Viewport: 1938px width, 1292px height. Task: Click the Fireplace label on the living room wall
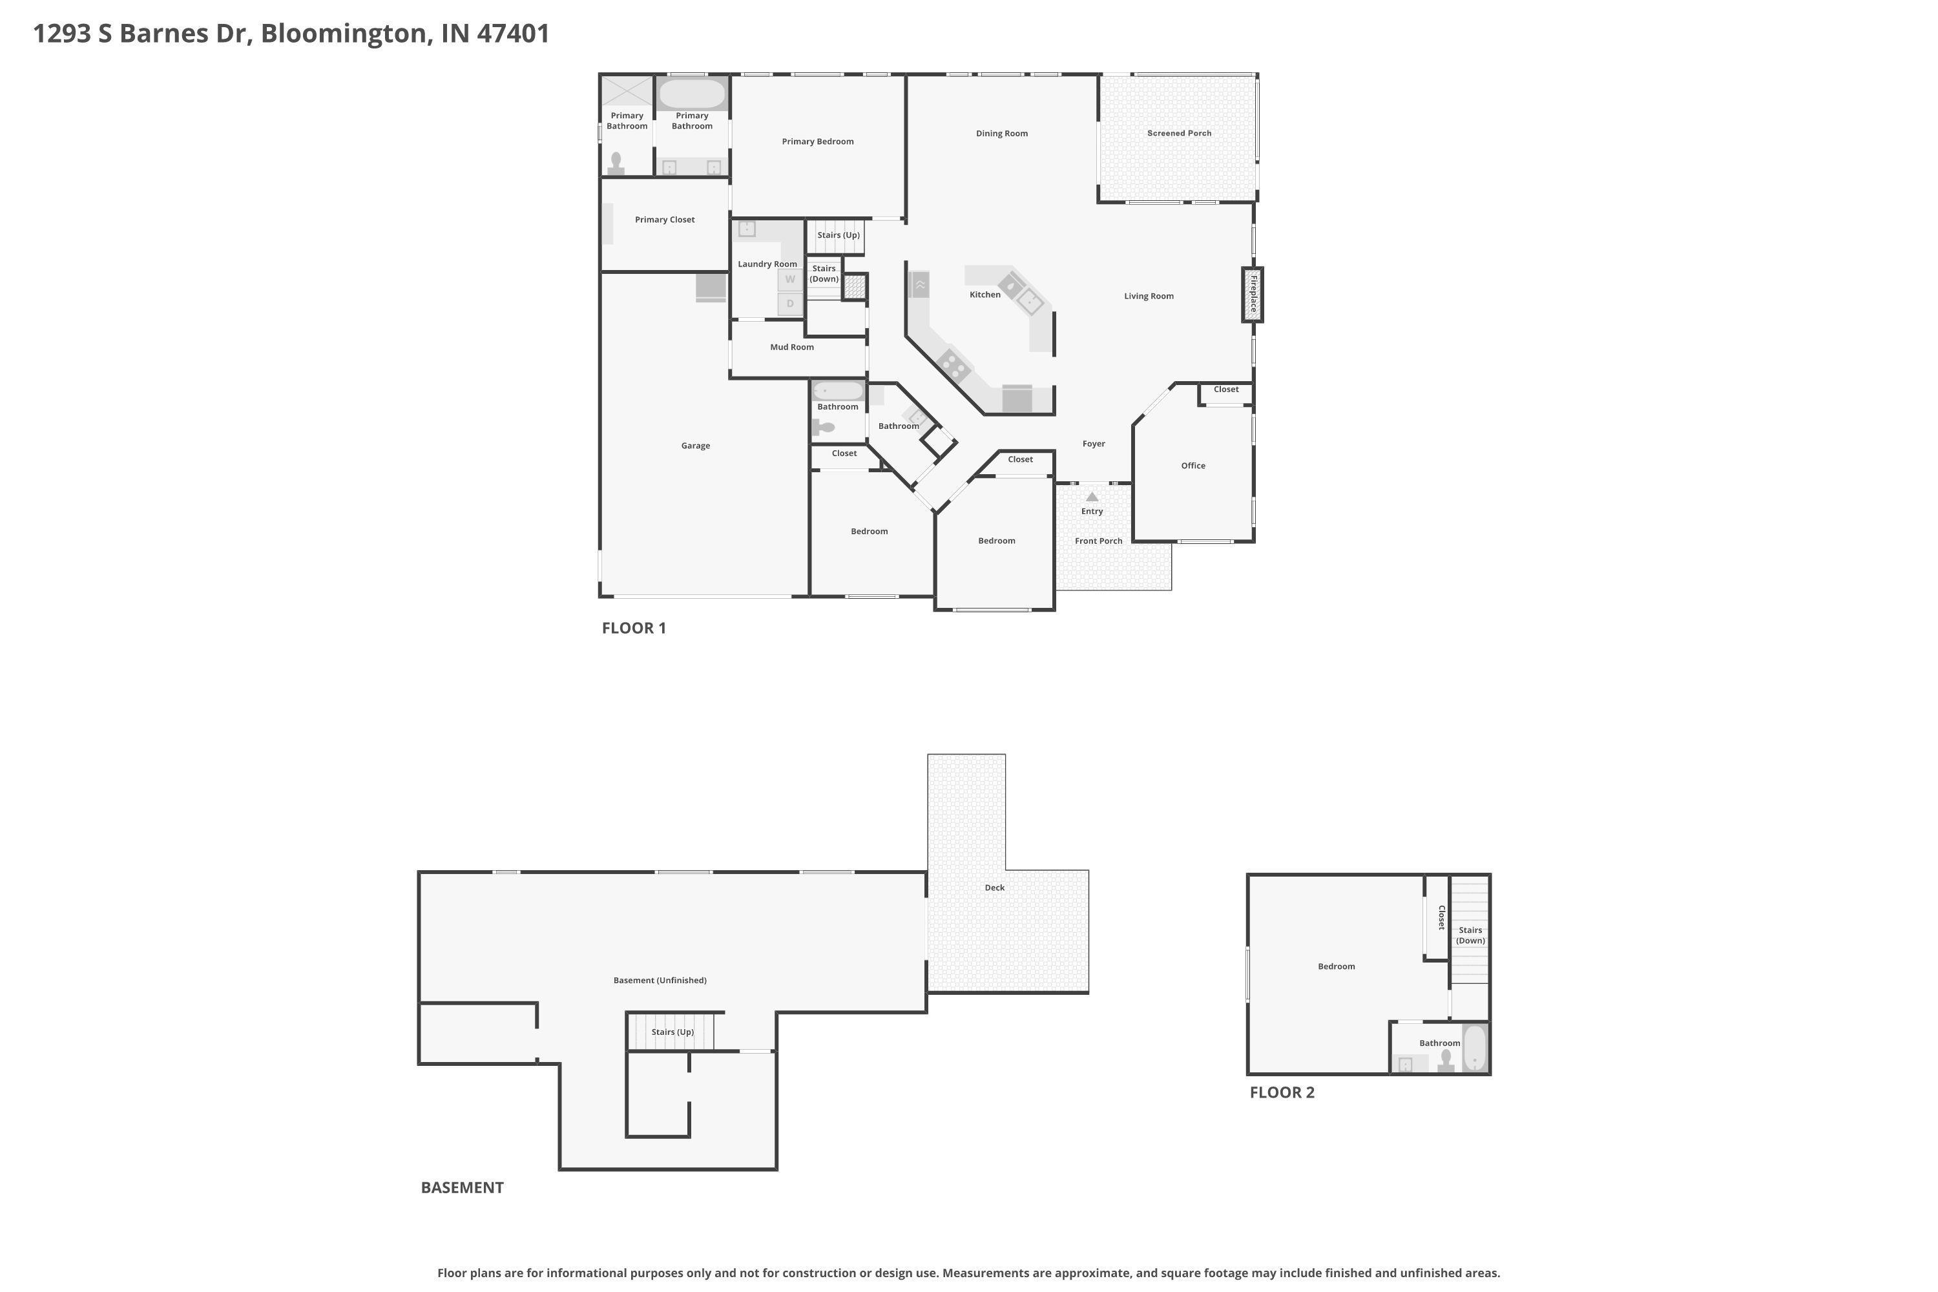coord(1253,294)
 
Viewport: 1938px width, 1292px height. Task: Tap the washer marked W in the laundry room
coord(789,279)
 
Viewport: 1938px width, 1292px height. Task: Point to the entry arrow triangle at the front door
coord(1092,497)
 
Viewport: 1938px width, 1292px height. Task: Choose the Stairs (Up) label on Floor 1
coord(838,236)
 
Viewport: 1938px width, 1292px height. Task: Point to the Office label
coord(1193,466)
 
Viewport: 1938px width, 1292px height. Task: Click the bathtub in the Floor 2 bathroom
coord(1474,1048)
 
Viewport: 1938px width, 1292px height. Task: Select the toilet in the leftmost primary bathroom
coord(616,162)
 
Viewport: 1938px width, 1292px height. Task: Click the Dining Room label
coord(1001,134)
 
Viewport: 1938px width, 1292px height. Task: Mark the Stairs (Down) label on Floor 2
coord(1470,935)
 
